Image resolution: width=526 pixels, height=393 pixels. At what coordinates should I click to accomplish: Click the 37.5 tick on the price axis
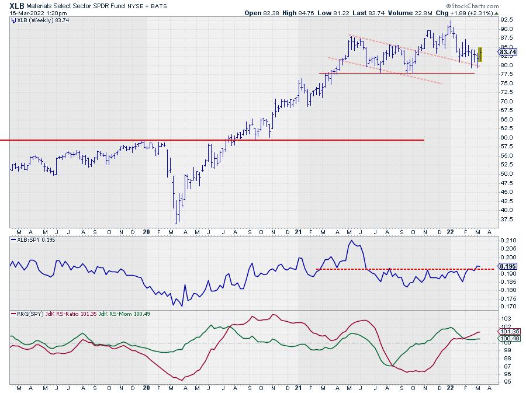click(x=506, y=220)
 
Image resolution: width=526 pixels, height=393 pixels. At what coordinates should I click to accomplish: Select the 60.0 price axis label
click(x=506, y=138)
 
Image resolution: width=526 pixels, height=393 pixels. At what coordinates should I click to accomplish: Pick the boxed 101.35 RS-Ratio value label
click(x=507, y=331)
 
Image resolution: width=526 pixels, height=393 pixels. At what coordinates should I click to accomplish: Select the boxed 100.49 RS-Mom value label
click(x=507, y=338)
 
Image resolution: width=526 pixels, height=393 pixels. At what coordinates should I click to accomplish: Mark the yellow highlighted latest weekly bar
click(x=480, y=54)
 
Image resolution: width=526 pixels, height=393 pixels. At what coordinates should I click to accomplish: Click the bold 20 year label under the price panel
click(x=146, y=231)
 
